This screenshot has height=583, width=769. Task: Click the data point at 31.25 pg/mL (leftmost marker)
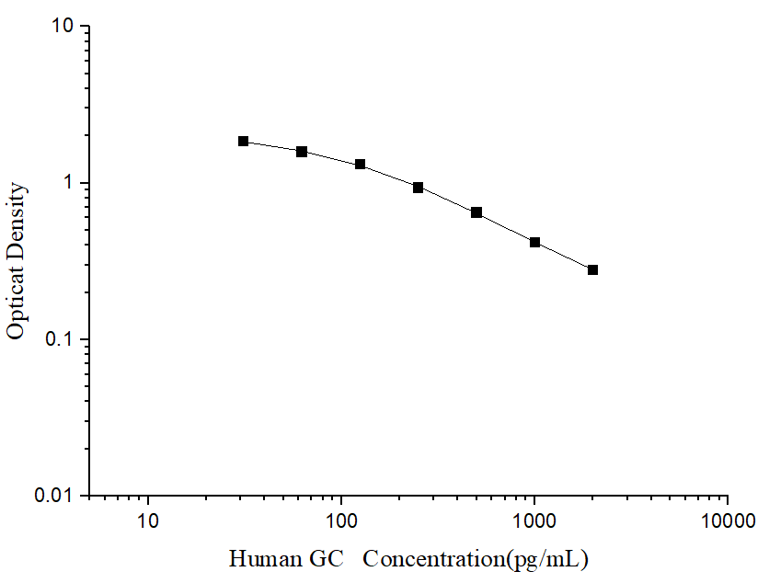coord(243,141)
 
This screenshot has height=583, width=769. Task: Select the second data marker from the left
coord(302,151)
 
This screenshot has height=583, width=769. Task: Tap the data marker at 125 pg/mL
coord(360,164)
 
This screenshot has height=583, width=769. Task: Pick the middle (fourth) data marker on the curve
coord(418,188)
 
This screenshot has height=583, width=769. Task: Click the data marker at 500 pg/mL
coord(476,212)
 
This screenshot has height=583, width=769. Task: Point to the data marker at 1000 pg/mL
coord(534,243)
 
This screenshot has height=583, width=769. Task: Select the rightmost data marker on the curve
coord(592,269)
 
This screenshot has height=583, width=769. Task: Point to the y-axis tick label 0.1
coord(61,339)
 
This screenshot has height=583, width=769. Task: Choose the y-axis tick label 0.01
coord(55,496)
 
